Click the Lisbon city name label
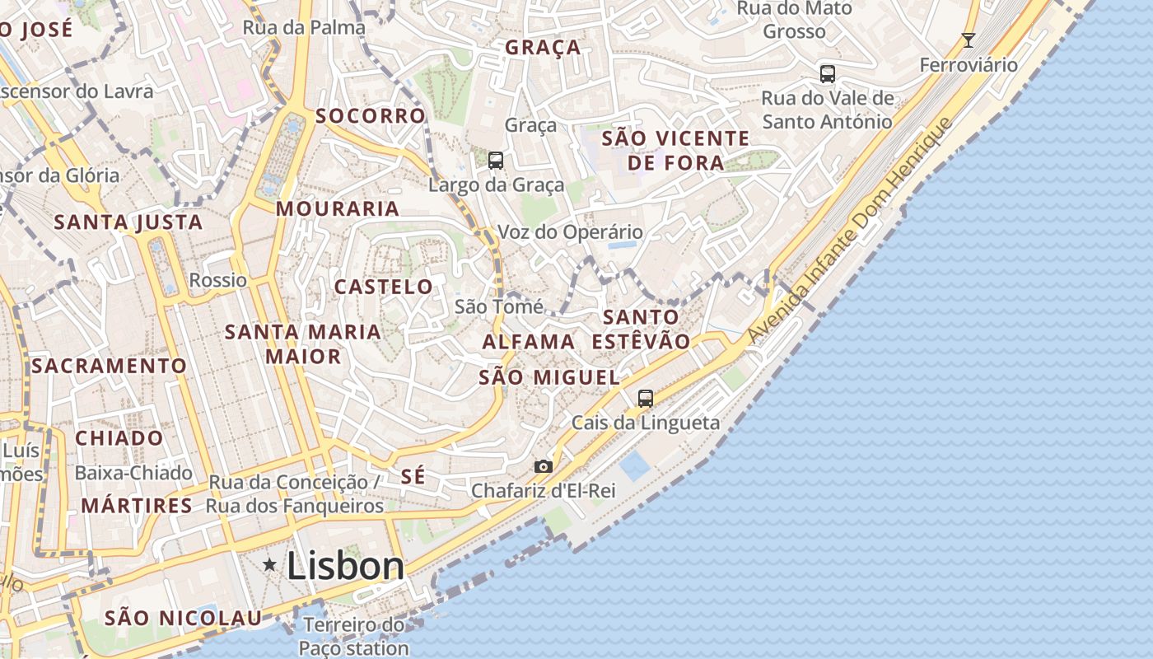point(345,566)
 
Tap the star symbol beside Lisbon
point(269,564)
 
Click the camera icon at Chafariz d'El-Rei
point(543,466)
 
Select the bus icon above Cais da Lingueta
point(646,399)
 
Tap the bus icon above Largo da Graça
point(495,161)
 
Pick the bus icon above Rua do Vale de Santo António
point(827,74)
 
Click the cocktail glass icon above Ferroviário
point(969,40)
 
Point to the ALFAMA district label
point(528,342)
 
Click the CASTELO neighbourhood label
point(383,287)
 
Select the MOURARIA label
point(338,209)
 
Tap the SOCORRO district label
point(371,116)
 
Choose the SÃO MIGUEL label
point(548,378)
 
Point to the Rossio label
point(217,280)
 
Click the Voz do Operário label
point(570,232)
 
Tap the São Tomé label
point(499,307)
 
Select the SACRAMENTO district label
point(109,366)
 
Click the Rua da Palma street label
point(303,28)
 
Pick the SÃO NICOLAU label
point(183,618)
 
